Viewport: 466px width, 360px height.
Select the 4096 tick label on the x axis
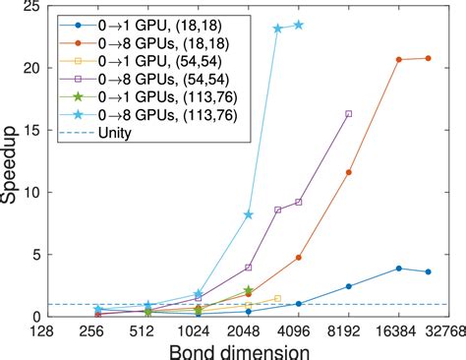(x=299, y=330)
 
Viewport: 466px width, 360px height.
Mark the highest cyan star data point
(x=299, y=25)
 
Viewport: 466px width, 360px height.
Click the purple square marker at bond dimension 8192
(x=349, y=114)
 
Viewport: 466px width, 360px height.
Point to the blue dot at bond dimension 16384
(x=398, y=269)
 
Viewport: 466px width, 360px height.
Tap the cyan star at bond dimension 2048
(x=249, y=214)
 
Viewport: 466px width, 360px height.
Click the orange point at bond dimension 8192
(x=349, y=172)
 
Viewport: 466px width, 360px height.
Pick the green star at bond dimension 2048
(x=249, y=290)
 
